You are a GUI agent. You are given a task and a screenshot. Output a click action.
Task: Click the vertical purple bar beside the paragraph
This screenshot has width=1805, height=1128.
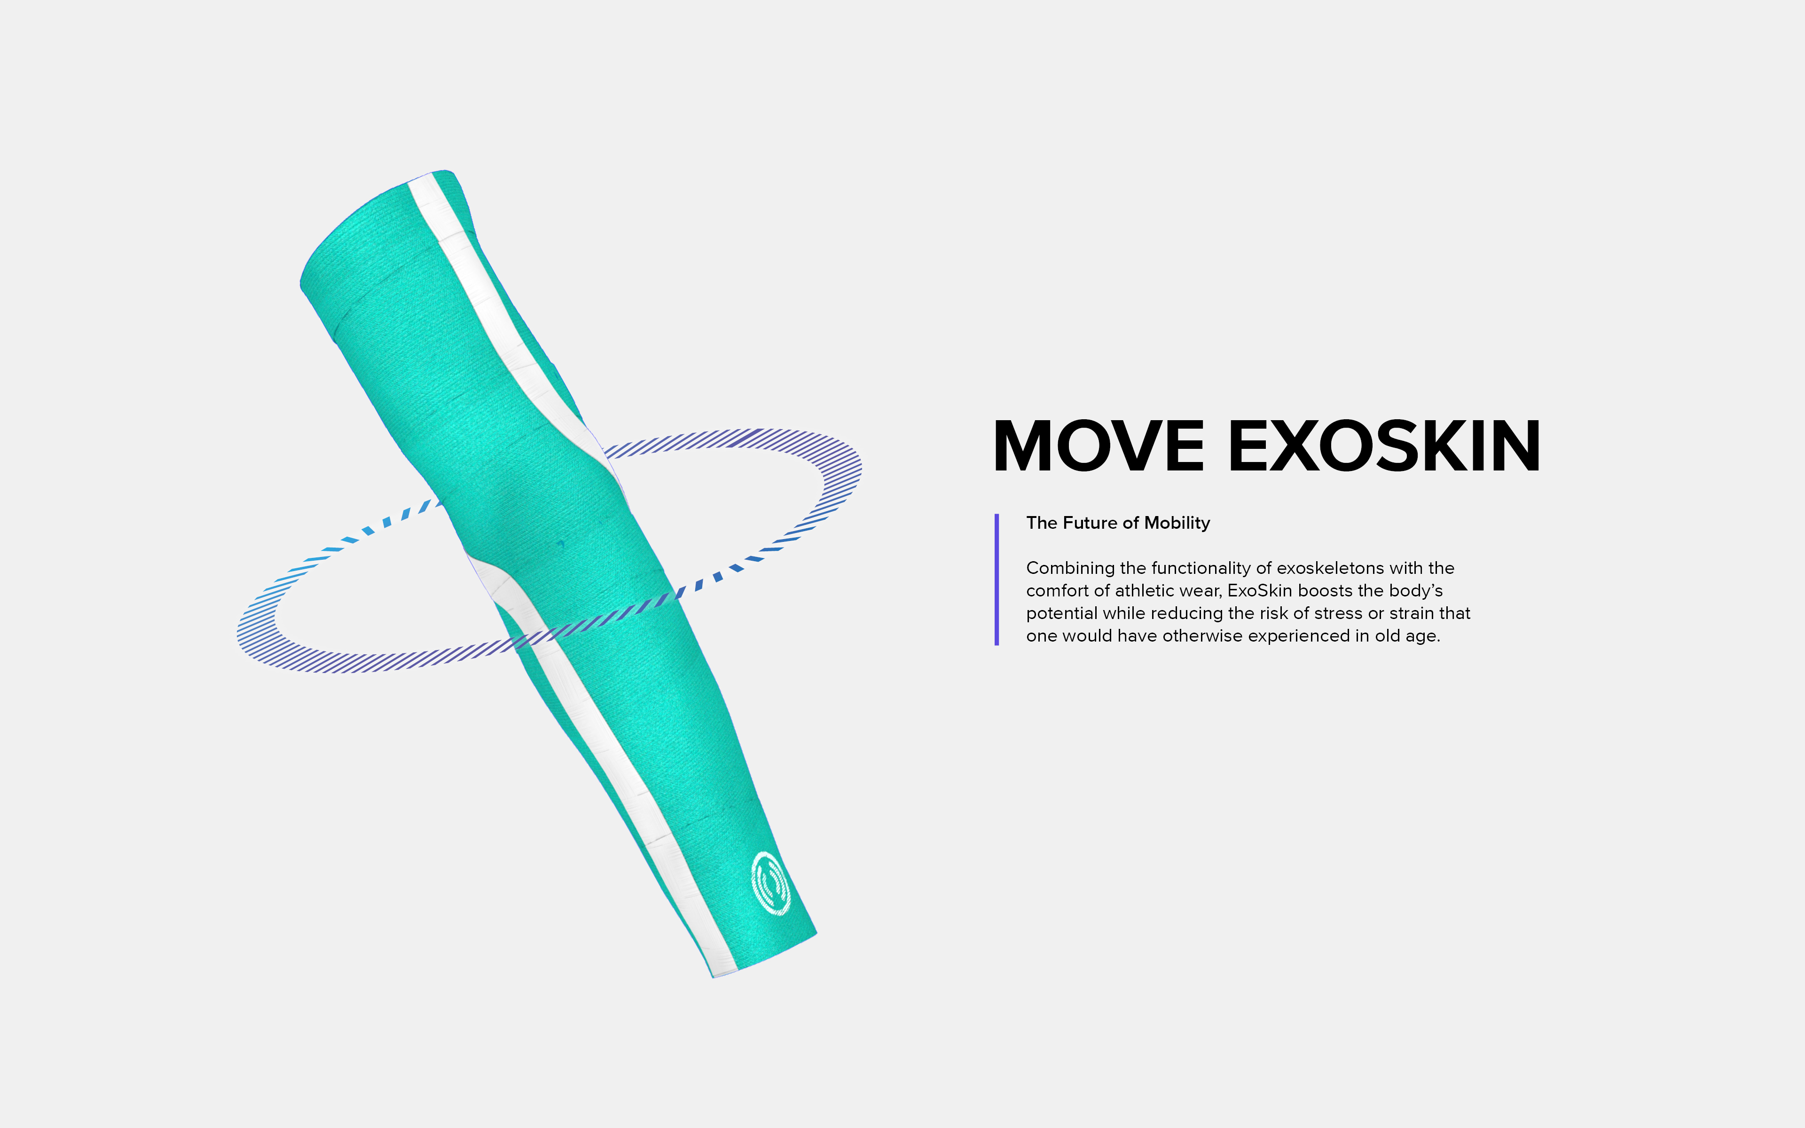click(x=997, y=579)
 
